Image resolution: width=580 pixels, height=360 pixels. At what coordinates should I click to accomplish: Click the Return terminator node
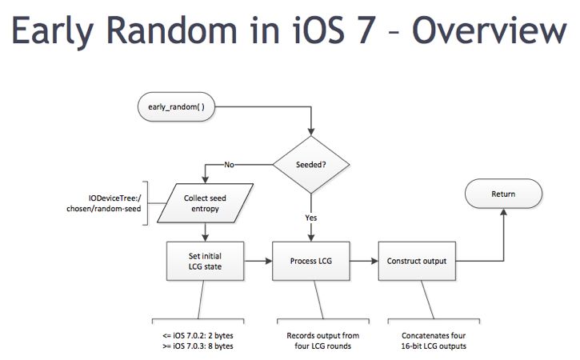coord(504,194)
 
